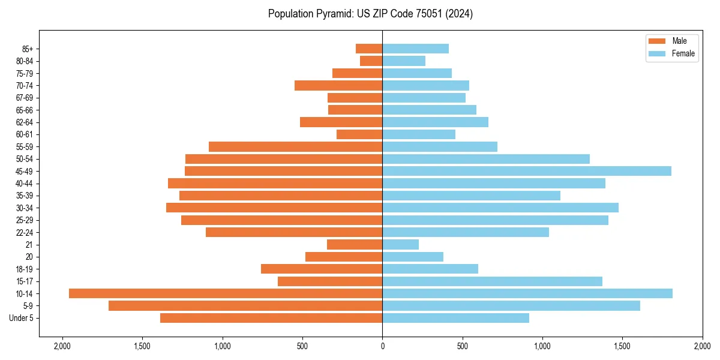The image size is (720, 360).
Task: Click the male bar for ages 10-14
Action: click(x=226, y=293)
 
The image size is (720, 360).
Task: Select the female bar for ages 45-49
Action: click(x=527, y=171)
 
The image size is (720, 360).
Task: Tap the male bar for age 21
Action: click(x=355, y=244)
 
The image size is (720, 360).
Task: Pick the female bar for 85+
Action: click(x=415, y=49)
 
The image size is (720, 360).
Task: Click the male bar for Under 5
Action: click(x=271, y=318)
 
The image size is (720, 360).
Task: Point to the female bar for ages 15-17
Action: click(x=492, y=281)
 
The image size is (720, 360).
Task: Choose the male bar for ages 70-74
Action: click(x=338, y=85)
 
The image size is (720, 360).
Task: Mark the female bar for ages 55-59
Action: click(x=440, y=146)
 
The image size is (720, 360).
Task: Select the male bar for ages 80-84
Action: click(x=371, y=61)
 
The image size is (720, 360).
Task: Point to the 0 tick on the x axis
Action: click(x=382, y=347)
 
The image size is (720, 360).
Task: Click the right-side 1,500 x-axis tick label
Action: click(x=622, y=347)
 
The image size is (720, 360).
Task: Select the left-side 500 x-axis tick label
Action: click(x=302, y=347)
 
